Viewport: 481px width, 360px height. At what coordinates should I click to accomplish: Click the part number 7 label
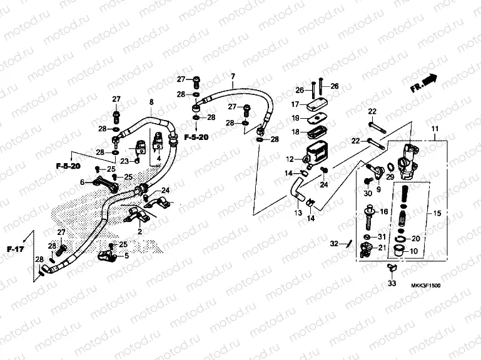(233, 77)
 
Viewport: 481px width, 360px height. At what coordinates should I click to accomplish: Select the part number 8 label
(151, 102)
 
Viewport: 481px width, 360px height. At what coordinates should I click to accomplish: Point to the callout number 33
(392, 284)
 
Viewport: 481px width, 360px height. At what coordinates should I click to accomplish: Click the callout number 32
(333, 243)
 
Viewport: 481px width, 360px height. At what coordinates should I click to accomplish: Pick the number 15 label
(437, 214)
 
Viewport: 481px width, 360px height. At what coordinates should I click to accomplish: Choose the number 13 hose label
(298, 214)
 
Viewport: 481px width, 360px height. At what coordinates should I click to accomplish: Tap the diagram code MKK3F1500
(426, 286)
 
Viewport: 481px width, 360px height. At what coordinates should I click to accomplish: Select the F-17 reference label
(13, 249)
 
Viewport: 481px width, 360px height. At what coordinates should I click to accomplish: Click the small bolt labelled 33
(392, 269)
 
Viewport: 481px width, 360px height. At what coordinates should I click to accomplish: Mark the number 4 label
(159, 159)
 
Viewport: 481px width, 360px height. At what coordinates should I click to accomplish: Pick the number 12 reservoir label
(289, 159)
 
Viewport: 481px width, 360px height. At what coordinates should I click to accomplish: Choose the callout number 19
(295, 117)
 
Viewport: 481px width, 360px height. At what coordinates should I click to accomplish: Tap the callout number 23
(124, 161)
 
